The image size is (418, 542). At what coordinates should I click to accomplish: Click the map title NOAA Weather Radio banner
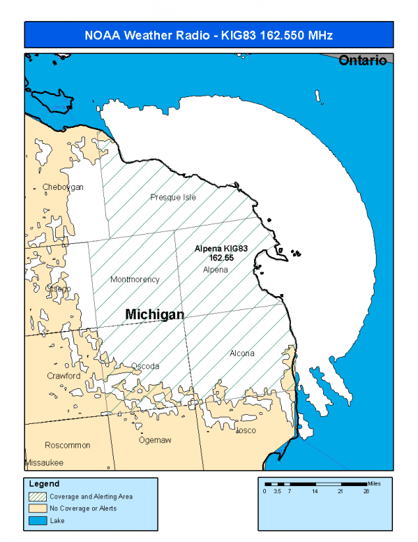[209, 34]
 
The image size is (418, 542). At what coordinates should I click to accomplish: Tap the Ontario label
[362, 61]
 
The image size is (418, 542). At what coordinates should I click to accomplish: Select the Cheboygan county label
[63, 187]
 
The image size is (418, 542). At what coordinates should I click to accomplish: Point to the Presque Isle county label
[173, 197]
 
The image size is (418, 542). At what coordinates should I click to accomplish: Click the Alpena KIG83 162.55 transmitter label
[221, 253]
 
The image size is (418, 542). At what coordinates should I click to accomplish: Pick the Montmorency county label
[135, 279]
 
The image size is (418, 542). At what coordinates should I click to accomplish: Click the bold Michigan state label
[154, 315]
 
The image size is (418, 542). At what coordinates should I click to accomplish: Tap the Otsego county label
[58, 288]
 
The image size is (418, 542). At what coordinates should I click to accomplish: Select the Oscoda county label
[145, 366]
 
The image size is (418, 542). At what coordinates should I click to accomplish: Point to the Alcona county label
[241, 353]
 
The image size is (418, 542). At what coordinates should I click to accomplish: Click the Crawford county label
[64, 376]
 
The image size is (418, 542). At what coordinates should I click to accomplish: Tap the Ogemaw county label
[156, 440]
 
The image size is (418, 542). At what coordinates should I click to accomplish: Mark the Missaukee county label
[44, 463]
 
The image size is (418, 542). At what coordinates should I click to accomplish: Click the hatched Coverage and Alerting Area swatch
[36, 497]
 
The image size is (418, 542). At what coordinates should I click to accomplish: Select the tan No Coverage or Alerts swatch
[36, 508]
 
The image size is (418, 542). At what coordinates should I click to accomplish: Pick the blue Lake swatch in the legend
[36, 520]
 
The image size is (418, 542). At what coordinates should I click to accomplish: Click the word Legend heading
[44, 483]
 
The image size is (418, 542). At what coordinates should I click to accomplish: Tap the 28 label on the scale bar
[366, 492]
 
